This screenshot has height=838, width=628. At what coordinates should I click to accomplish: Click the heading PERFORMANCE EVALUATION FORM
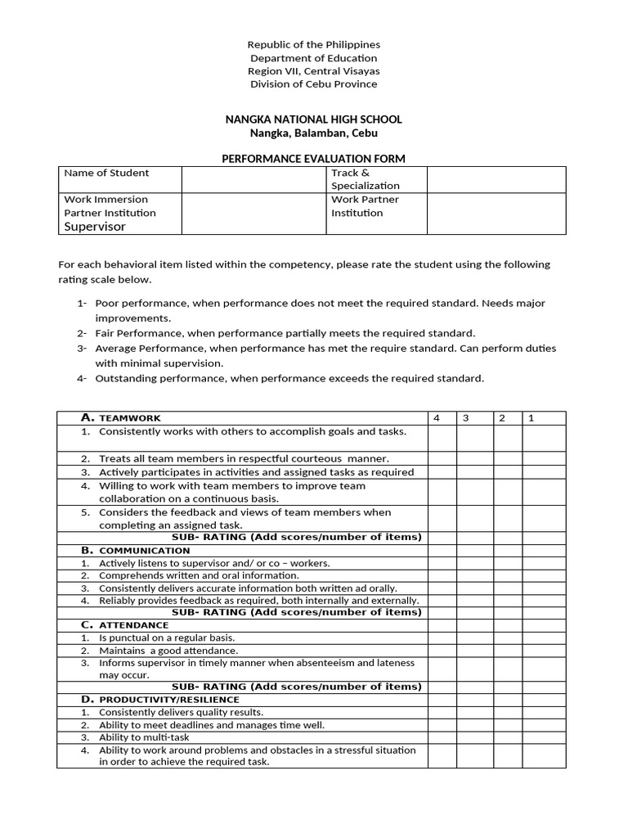coord(313,159)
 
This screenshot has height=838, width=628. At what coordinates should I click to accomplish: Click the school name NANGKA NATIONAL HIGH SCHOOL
coord(313,119)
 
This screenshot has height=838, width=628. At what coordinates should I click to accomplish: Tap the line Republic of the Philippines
coord(314,45)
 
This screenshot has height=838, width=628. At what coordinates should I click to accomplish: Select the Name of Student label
coord(106,173)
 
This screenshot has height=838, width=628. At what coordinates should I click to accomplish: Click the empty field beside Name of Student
coord(253,179)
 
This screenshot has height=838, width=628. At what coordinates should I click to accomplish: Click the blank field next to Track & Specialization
coord(496,179)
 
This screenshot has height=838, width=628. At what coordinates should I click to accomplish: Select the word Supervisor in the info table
coord(95,227)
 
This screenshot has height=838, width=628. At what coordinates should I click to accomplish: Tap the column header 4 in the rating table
coord(437,418)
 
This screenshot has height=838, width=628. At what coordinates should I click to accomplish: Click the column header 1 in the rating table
coord(531,418)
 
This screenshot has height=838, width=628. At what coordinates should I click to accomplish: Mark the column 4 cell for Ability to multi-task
coord(442,737)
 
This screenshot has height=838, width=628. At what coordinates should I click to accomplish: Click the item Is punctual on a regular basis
coord(166,638)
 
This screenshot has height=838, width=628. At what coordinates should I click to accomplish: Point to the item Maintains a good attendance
coord(168,651)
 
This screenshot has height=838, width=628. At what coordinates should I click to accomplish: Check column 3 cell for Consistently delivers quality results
coord(473,712)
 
